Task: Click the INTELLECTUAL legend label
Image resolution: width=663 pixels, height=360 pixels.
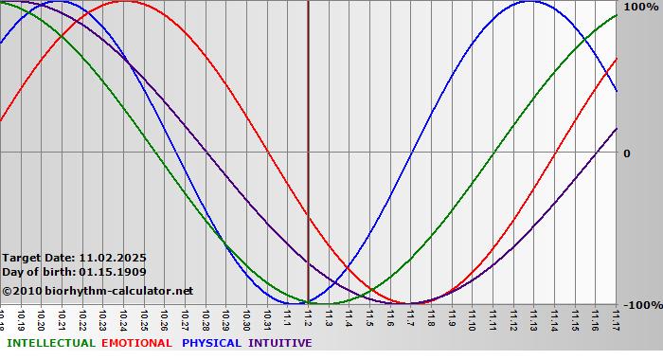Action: (x=51, y=343)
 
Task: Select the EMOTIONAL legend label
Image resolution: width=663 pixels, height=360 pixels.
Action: (x=136, y=343)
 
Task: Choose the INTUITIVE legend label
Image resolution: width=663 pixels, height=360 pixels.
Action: (x=280, y=343)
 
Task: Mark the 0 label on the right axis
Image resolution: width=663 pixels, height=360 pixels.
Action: (x=627, y=153)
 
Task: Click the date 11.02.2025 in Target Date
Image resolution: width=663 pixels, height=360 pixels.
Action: (x=114, y=257)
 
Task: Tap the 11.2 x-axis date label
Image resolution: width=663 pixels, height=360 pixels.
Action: (x=308, y=318)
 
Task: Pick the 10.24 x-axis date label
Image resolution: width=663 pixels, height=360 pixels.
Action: (x=123, y=319)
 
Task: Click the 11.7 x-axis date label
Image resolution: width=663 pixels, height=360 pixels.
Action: (x=410, y=318)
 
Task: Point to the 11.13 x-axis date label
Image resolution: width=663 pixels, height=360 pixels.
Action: (x=534, y=319)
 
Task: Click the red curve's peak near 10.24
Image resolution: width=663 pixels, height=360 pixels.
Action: (x=123, y=2)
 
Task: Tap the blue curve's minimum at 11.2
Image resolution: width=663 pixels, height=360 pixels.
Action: (x=308, y=303)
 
